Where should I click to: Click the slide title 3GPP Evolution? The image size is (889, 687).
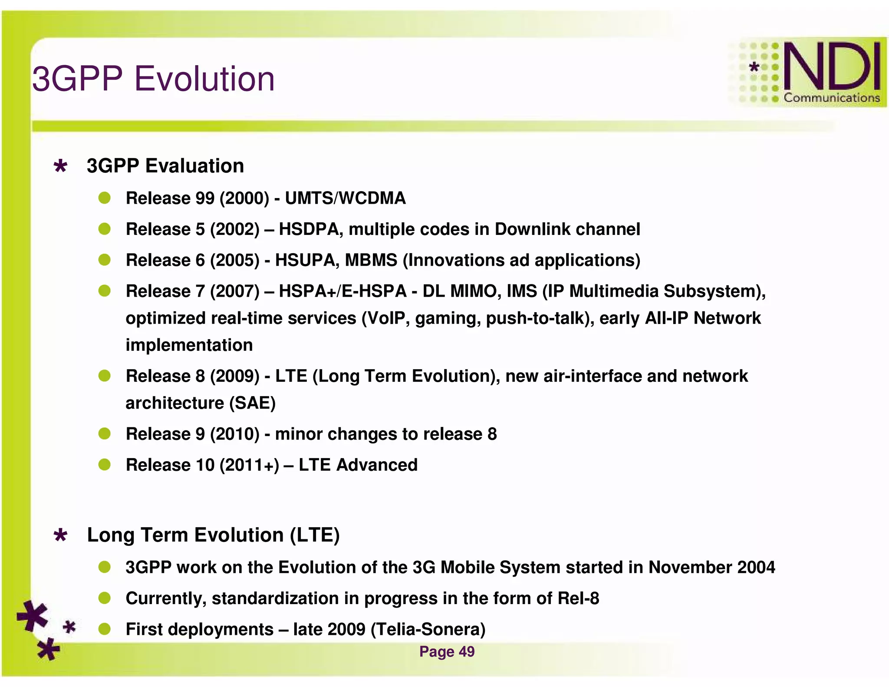point(154,79)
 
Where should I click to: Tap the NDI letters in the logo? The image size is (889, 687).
point(831,66)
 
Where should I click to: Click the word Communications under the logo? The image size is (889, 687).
point(831,98)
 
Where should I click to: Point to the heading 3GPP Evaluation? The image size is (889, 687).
point(165,166)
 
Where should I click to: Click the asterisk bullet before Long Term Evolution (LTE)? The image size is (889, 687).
point(60,535)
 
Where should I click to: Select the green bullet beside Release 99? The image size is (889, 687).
point(105,198)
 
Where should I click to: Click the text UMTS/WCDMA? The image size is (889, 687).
point(345,198)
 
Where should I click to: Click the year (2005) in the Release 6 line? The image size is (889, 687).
point(234,260)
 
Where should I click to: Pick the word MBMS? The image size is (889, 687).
point(371,260)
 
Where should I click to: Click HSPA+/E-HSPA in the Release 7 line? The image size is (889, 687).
point(342,291)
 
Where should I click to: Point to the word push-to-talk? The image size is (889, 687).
point(540,318)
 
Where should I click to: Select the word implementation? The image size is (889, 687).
point(189,345)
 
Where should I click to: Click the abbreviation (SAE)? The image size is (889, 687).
point(252,403)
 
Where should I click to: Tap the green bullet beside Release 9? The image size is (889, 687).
point(105,433)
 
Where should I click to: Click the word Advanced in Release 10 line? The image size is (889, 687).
point(377,465)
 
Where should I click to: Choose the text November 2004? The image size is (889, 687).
point(711,567)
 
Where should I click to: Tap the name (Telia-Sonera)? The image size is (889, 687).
point(428,629)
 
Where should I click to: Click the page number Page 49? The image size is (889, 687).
point(447,651)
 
